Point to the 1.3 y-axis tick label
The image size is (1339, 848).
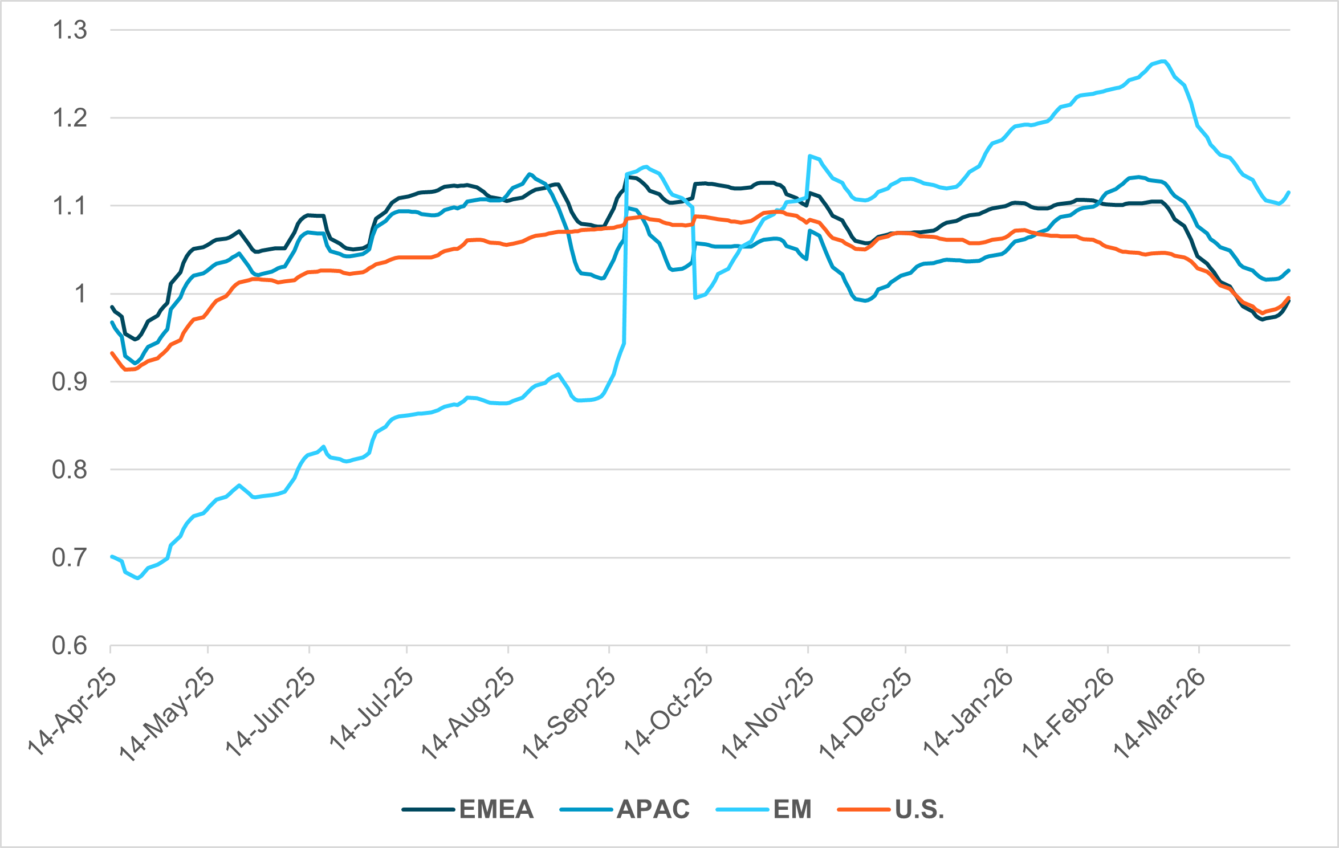[x=70, y=30]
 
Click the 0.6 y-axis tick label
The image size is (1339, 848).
[x=70, y=646]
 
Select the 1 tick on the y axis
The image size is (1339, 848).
[x=80, y=294]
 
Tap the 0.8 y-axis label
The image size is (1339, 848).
[x=70, y=470]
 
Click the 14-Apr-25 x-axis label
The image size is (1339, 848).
[x=72, y=712]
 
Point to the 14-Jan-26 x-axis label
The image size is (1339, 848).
[x=968, y=712]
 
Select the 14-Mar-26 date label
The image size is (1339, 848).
[x=1159, y=712]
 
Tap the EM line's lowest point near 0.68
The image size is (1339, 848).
[x=137, y=578]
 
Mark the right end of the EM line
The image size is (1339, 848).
[x=1289, y=192]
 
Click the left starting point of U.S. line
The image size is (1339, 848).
[x=111, y=353]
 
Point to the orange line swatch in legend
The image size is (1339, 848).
[x=864, y=809]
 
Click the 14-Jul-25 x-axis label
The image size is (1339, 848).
[x=371, y=710]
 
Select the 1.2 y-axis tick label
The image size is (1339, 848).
[x=70, y=119]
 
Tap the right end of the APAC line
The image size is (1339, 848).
[x=1289, y=270]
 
